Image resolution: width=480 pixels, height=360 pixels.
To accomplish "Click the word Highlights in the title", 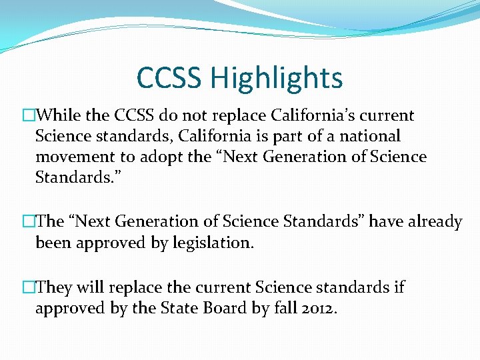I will (276, 79).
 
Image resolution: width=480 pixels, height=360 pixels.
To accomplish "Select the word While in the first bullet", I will (60, 115).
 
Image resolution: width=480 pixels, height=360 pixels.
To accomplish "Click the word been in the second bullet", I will (53, 243).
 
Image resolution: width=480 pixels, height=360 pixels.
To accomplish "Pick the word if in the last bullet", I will (399, 287).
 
